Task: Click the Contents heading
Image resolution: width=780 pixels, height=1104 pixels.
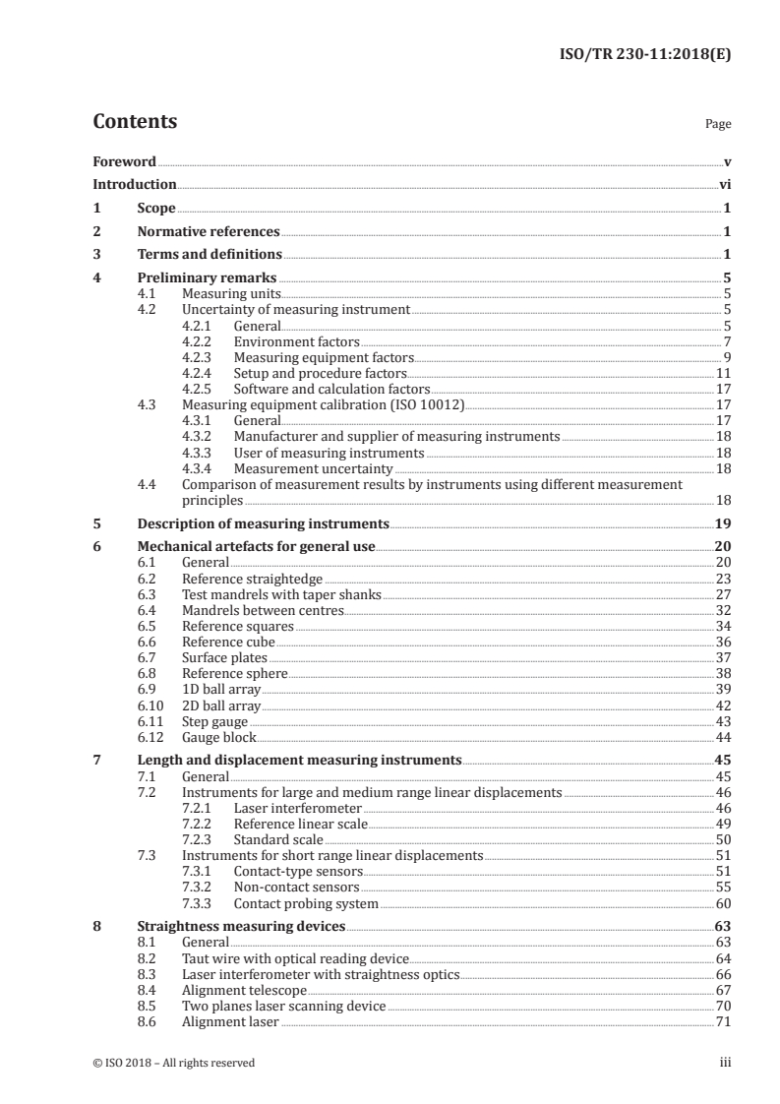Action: coord(135,122)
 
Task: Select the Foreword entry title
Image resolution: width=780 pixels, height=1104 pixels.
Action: coord(124,161)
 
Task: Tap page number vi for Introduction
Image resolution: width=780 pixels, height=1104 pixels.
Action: coord(724,184)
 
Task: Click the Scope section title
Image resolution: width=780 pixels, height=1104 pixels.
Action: coord(156,209)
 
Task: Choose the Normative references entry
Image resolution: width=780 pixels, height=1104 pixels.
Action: coord(209,232)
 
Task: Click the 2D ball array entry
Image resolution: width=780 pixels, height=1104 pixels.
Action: coord(220,705)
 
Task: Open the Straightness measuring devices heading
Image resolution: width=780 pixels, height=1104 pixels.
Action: coord(240,927)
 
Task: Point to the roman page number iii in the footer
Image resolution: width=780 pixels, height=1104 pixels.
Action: coord(725,1063)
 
